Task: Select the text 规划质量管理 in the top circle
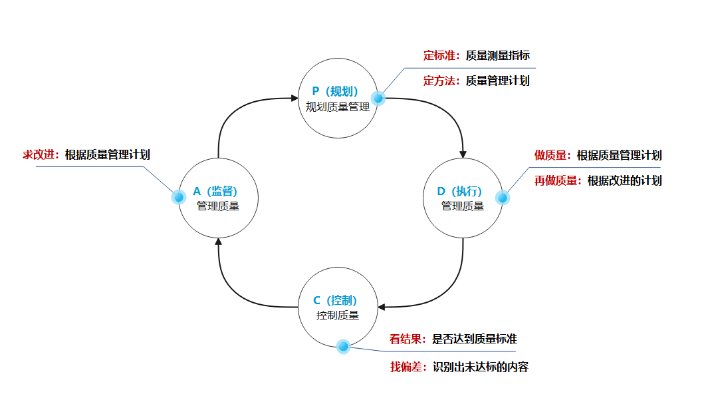(337, 106)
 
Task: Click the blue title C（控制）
(337, 300)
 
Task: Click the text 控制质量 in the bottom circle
(337, 315)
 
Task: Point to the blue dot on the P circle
(378, 99)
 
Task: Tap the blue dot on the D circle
(502, 198)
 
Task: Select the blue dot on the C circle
(343, 347)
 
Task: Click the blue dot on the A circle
(178, 197)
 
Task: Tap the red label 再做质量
(557, 180)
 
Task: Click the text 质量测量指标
(497, 56)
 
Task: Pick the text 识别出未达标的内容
(480, 367)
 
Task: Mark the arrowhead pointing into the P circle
(294, 99)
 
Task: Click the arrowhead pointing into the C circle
(382, 307)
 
